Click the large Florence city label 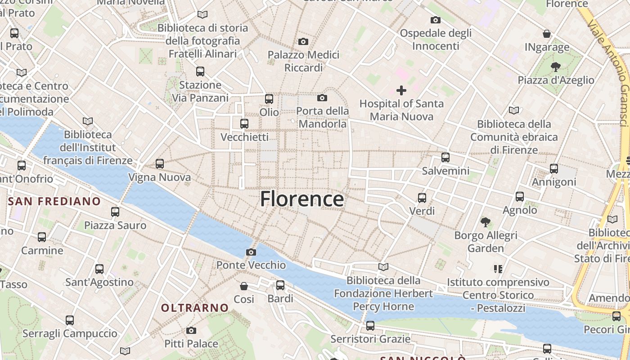click(302, 199)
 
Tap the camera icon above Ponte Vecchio click(251, 252)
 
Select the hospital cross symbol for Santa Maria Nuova click(401, 90)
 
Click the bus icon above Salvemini click(445, 157)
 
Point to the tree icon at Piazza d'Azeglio click(555, 67)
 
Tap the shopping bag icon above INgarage click(547, 34)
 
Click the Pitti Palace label click(191, 344)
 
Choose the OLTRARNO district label click(195, 308)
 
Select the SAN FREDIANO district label click(54, 201)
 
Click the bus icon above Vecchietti click(244, 123)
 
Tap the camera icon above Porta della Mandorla click(322, 98)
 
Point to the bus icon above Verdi click(422, 198)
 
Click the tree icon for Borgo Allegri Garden click(485, 222)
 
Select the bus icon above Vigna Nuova click(160, 164)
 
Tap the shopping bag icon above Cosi click(244, 286)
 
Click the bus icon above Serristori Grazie click(370, 325)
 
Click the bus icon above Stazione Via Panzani click(200, 72)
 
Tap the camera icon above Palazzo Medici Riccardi click(303, 42)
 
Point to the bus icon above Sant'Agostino click(99, 269)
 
